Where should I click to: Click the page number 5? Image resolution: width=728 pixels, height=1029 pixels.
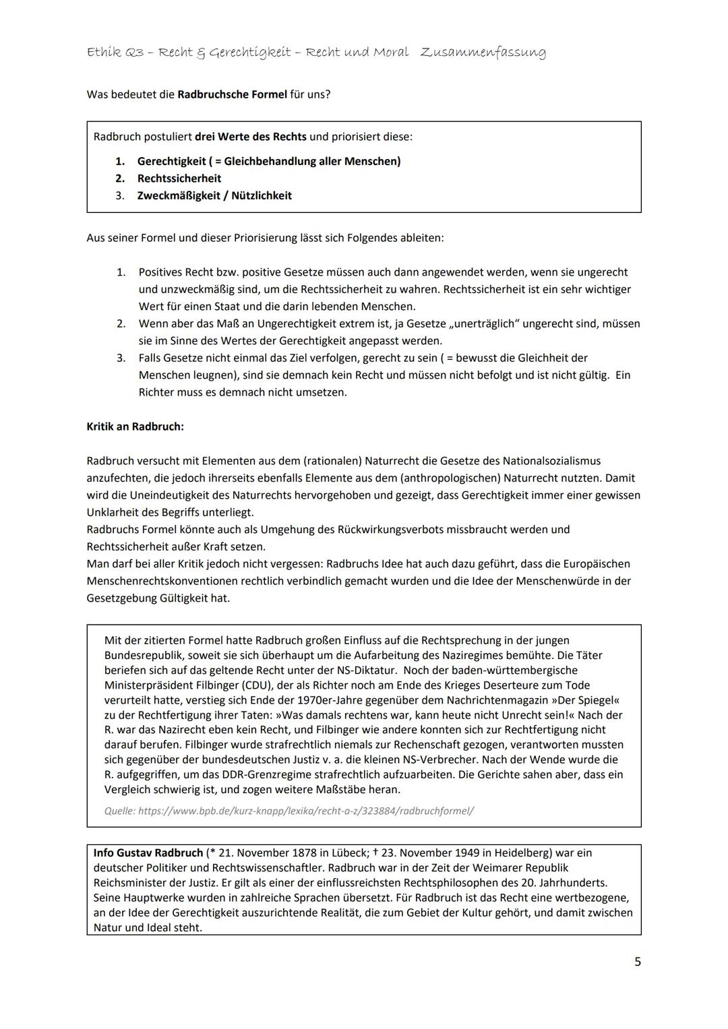pos(637,962)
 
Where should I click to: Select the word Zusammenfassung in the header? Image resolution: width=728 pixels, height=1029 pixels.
pos(483,53)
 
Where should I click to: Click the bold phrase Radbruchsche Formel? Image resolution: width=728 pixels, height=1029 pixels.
pos(232,94)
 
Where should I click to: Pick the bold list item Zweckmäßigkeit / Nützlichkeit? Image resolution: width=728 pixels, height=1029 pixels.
pos(214,195)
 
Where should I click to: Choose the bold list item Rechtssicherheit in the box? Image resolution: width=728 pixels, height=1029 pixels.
pos(179,179)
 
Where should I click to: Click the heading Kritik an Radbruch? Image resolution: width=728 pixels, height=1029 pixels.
pos(135,427)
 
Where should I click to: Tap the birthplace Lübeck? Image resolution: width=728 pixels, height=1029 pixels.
pos(333,853)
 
